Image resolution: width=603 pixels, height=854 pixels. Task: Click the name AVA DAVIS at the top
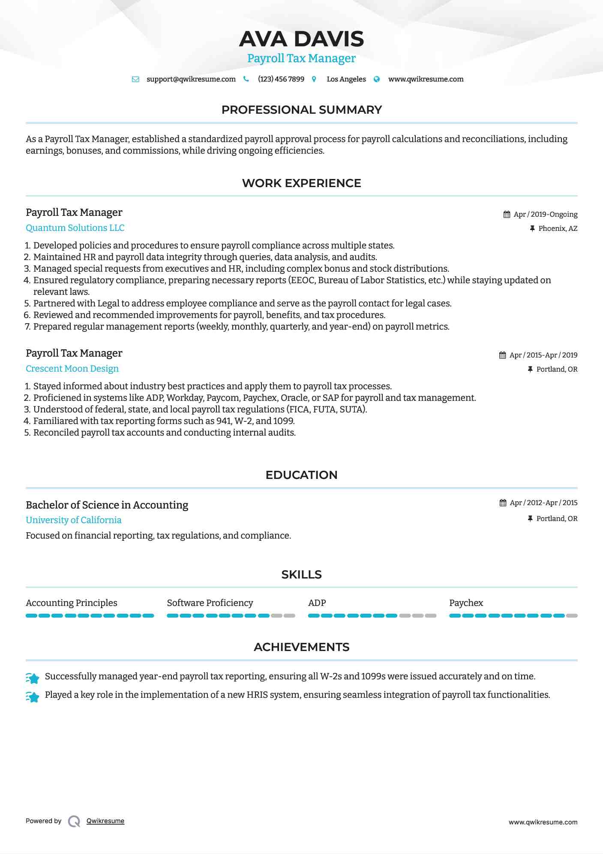pos(301,39)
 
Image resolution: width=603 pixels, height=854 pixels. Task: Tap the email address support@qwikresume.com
pos(191,79)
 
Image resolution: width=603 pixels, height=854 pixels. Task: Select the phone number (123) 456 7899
pos(281,79)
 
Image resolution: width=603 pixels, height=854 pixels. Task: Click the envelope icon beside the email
pos(135,79)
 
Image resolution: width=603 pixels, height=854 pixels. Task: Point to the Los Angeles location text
pos(346,79)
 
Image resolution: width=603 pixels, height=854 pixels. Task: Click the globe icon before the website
pos(377,79)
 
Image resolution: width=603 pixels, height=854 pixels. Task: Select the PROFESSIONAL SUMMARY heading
pos(301,110)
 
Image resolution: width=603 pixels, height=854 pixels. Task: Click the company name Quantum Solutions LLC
pos(75,228)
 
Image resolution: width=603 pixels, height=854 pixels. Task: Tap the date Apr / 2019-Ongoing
pos(545,215)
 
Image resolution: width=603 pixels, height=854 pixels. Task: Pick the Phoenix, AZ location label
pos(558,229)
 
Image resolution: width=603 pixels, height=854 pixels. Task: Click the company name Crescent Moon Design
pos(72,369)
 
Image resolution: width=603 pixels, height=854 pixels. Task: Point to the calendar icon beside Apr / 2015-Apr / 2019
pos(502,355)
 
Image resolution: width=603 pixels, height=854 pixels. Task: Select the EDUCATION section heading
pos(301,475)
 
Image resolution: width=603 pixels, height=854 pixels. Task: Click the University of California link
pos(73,520)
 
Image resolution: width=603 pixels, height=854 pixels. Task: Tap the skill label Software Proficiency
pos(210,603)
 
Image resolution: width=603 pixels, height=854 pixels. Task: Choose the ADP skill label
pos(317,603)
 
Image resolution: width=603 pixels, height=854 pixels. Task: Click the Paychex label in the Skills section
pos(466,603)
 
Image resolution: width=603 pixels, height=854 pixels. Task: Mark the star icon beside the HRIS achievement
pos(33,697)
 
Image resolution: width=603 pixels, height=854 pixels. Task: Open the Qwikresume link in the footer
pos(105,821)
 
